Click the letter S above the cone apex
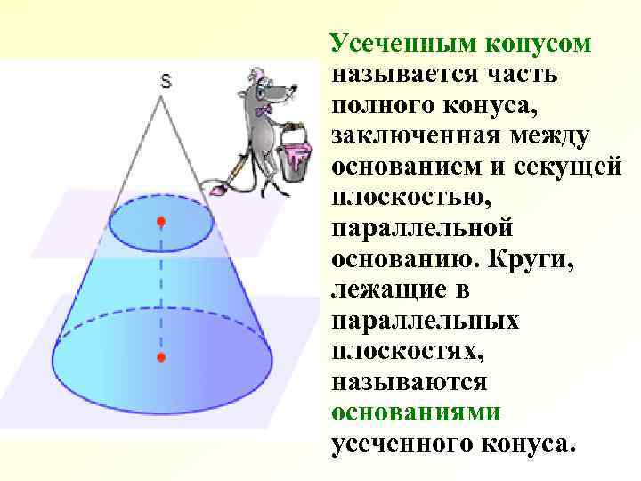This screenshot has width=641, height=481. click(166, 81)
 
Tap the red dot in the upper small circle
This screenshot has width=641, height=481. click(161, 220)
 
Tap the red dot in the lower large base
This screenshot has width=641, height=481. click(161, 357)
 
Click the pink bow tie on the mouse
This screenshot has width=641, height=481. click(264, 110)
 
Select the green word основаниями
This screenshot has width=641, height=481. click(416, 412)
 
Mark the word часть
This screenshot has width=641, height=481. click(521, 75)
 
